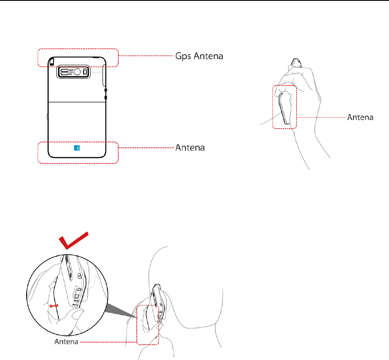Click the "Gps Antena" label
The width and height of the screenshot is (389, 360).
[199, 55]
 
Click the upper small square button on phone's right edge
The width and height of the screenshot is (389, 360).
[105, 90]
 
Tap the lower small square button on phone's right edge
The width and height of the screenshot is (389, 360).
[105, 98]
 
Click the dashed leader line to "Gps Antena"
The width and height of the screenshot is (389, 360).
[146, 55]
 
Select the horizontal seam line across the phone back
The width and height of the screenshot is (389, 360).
[76, 102]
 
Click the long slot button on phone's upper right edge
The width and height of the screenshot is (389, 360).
[104, 75]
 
